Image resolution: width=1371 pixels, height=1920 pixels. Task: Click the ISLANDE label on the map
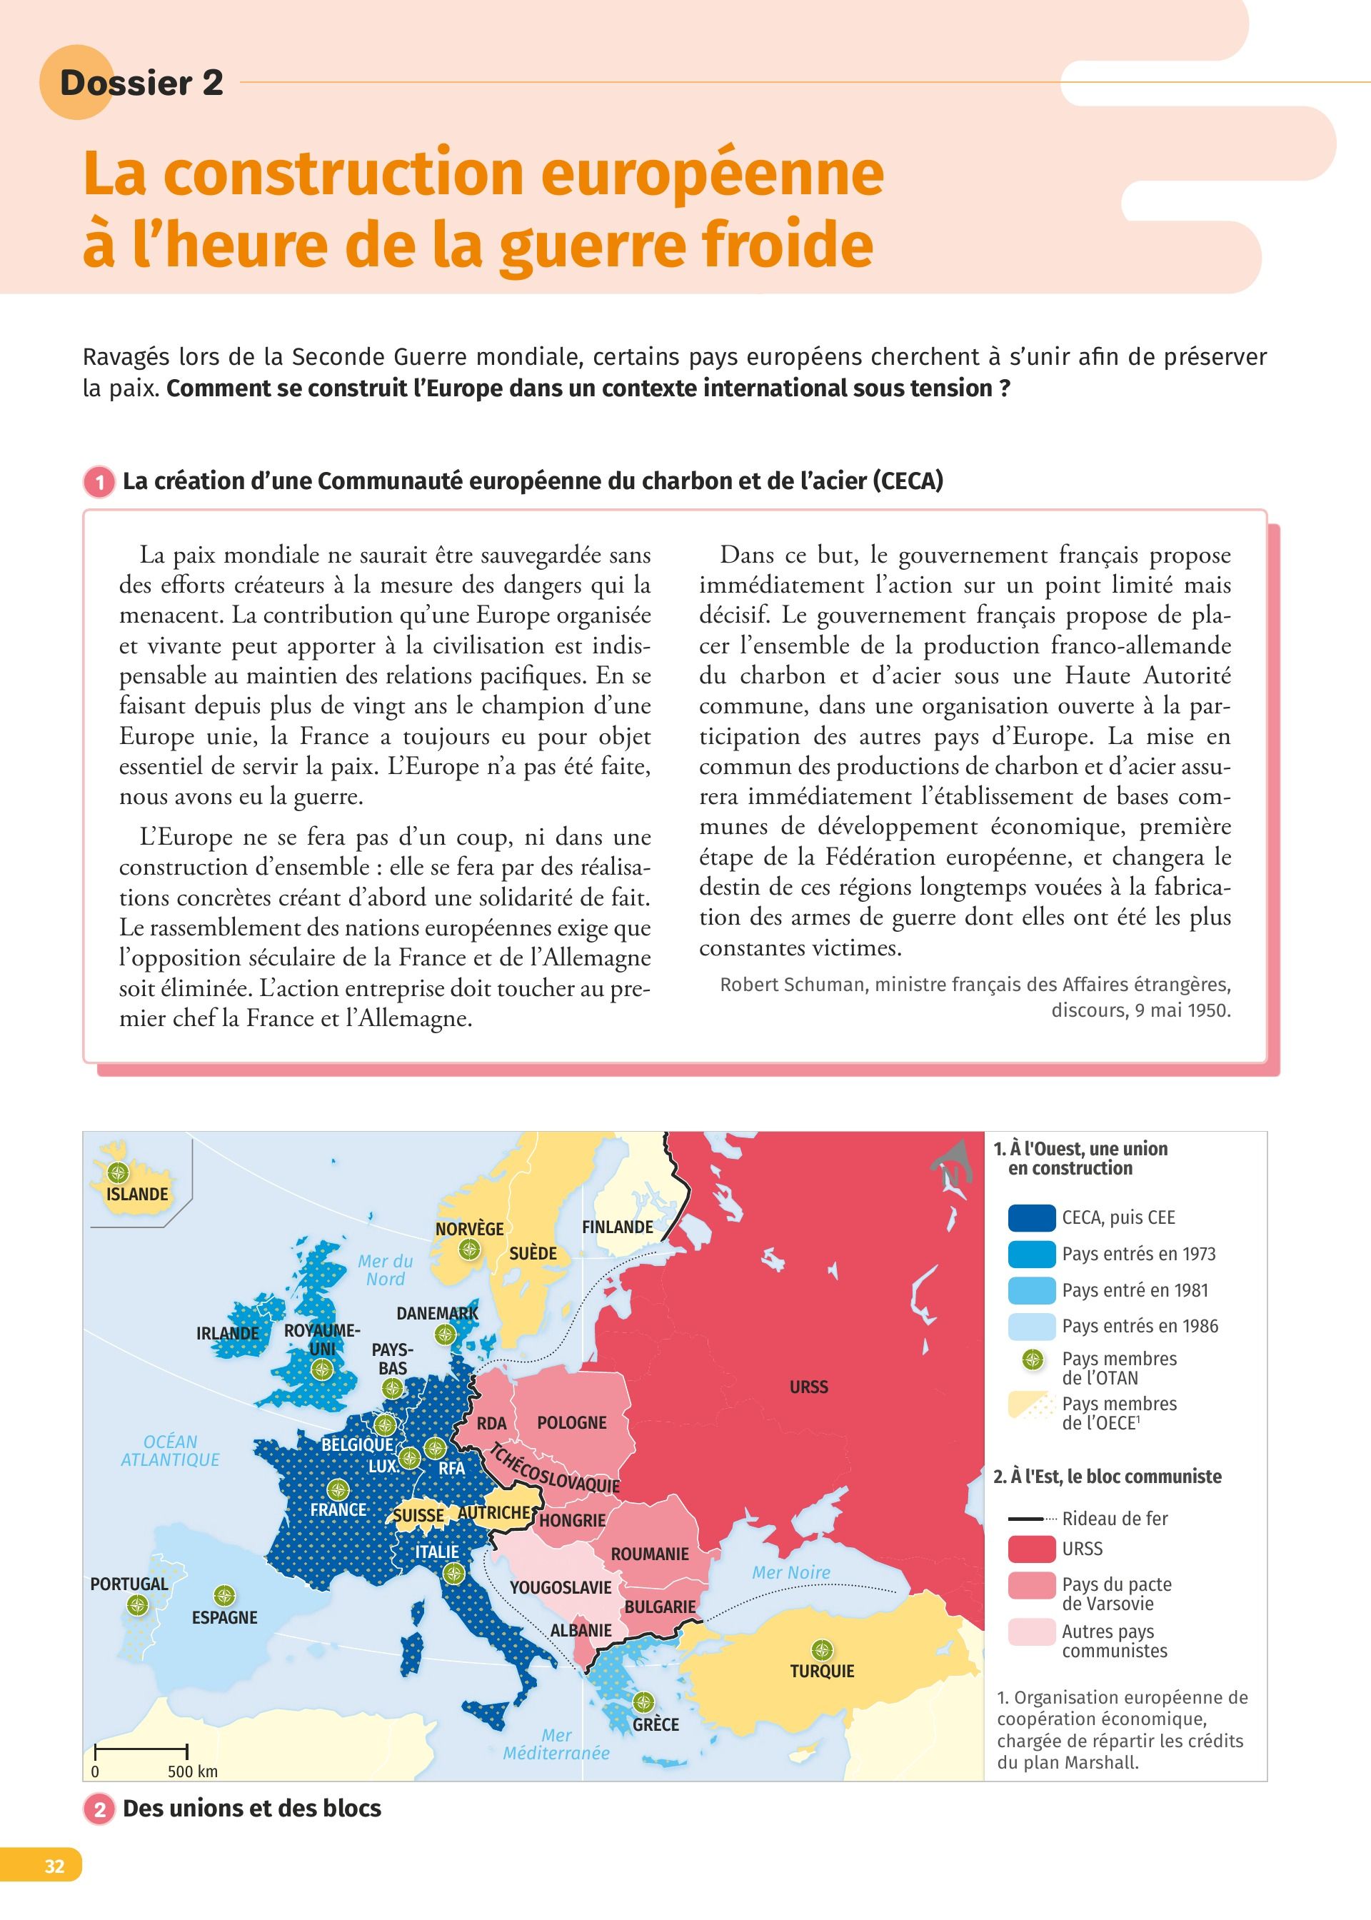(137, 1194)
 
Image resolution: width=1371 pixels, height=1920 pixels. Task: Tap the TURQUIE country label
(821, 1671)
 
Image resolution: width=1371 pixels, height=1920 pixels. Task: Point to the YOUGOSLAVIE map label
(561, 1587)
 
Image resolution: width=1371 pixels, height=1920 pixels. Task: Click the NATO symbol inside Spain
(224, 1595)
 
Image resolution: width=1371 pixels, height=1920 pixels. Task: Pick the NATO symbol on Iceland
(119, 1172)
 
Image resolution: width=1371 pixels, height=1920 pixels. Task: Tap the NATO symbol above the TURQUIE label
(821, 1650)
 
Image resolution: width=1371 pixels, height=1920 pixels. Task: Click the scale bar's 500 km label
(193, 1771)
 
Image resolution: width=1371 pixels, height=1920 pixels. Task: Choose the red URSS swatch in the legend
(1031, 1549)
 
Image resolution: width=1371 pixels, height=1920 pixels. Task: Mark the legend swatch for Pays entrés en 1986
(1031, 1327)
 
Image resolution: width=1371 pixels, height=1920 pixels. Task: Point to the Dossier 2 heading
(141, 83)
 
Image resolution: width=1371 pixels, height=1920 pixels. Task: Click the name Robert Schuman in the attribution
(792, 985)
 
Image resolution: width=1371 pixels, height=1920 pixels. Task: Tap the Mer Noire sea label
(791, 1573)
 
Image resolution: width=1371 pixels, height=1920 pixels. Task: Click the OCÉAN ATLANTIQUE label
(170, 1451)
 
